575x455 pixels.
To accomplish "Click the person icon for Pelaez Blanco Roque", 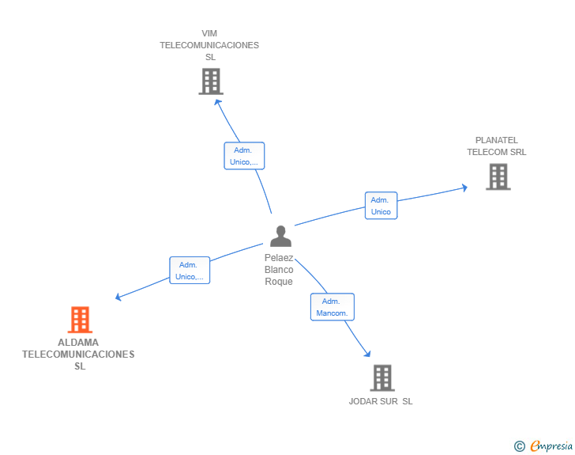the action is coord(280,236).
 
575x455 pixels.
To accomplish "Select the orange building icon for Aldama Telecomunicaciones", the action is coord(80,320).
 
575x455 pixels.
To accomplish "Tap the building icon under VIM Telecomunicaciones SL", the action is coord(211,82).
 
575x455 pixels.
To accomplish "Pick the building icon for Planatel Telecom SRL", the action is coord(498,176).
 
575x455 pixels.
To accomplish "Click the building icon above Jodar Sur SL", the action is coord(382,377).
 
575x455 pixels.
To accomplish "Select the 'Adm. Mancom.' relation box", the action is coord(333,307).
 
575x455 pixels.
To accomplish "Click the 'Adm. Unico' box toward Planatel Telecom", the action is coord(381,206).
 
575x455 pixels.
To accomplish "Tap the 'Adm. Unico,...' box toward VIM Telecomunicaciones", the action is coord(244,156).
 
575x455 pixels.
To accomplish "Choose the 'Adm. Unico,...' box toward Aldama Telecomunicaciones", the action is coord(190,270).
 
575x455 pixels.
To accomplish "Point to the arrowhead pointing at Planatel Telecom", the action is coord(465,188).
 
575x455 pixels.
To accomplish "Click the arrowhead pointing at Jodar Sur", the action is coord(367,354).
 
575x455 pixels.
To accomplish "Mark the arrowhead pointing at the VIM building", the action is coord(217,102).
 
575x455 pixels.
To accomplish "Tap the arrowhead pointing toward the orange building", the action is coord(118,297).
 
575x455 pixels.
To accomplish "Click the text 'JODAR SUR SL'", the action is coord(381,401).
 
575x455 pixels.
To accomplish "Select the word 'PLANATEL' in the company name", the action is coord(497,140).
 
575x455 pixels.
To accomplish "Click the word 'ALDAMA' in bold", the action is coord(78,343).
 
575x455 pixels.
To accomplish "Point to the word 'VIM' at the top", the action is coord(209,33).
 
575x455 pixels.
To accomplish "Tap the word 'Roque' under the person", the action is coord(279,282).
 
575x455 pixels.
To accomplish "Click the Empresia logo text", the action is coord(551,446).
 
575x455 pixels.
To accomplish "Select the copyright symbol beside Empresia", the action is coord(520,446).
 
